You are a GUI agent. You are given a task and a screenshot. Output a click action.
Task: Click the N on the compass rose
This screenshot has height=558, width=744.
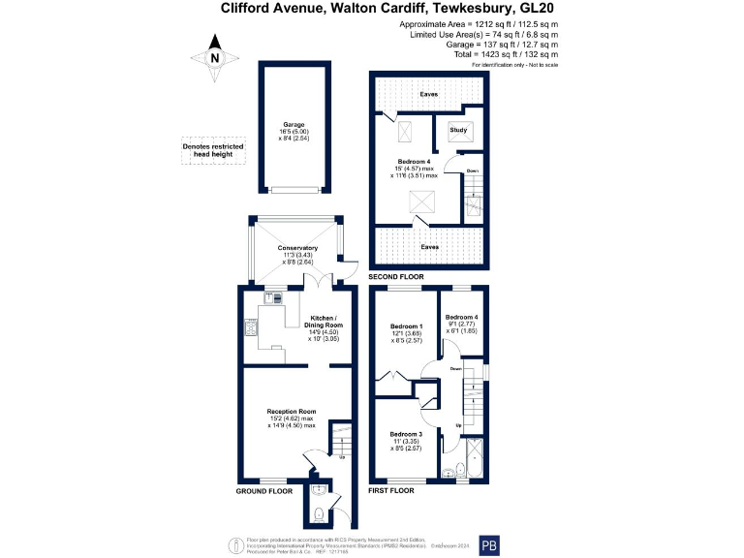point(215,58)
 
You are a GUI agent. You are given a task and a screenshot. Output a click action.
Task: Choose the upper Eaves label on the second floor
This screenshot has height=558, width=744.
point(427,95)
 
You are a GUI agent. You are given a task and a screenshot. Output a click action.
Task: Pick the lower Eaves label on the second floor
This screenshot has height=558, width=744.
point(427,247)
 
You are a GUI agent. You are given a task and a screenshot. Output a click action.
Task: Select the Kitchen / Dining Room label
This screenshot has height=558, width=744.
point(324,319)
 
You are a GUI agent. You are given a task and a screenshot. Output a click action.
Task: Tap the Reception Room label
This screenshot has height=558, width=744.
point(292,411)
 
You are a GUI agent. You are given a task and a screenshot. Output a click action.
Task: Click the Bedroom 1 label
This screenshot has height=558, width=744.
point(405,325)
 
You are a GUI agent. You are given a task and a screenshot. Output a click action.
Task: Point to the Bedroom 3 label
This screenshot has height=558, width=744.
point(406,434)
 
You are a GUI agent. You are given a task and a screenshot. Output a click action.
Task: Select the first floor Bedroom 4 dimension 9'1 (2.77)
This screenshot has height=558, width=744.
point(462,325)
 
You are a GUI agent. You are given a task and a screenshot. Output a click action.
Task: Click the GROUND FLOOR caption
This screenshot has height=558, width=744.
point(264,492)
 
